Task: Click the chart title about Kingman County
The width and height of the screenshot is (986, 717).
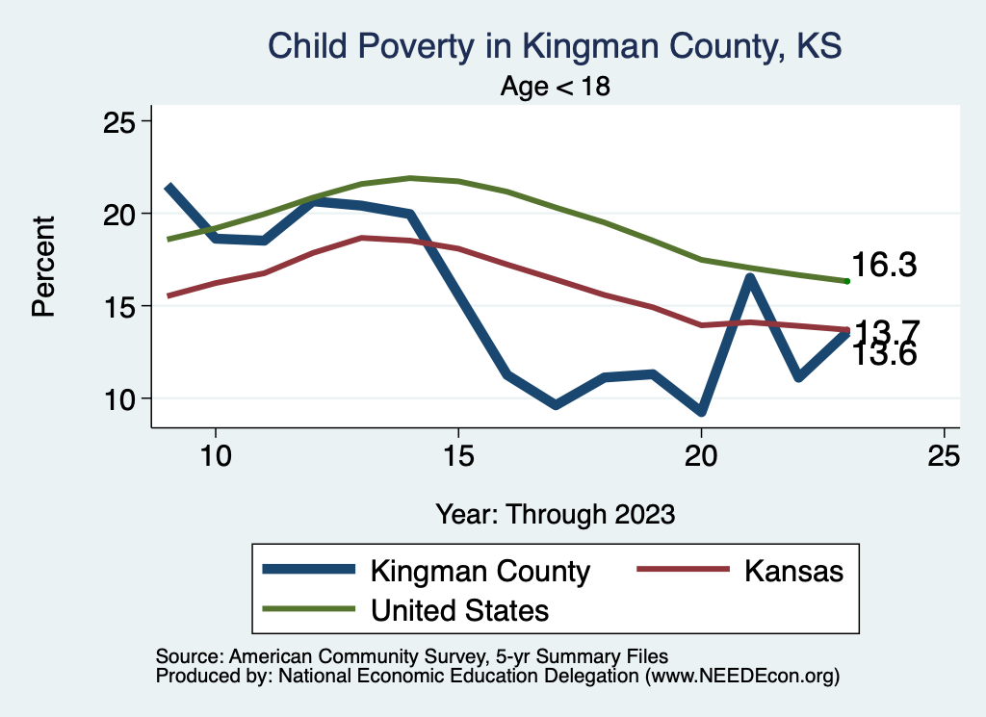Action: pos(555,46)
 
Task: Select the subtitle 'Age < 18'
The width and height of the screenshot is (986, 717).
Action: pos(555,87)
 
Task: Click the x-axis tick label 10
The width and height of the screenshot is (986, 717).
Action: pos(215,455)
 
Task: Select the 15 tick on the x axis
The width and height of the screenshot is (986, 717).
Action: pos(458,455)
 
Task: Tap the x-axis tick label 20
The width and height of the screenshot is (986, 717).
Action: pos(701,455)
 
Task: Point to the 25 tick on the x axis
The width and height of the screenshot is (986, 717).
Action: pos(945,455)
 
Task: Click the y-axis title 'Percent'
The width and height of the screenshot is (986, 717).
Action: pos(43,266)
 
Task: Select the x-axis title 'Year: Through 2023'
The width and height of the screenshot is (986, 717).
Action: pos(555,513)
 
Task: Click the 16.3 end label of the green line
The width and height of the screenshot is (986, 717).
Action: pos(882,267)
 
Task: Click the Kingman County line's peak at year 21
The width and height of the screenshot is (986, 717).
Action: pos(749,278)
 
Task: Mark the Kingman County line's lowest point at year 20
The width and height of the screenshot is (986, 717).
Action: pos(701,412)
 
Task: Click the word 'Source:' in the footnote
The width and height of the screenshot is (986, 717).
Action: pos(189,656)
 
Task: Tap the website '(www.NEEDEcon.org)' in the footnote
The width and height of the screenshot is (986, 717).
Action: pos(742,677)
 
